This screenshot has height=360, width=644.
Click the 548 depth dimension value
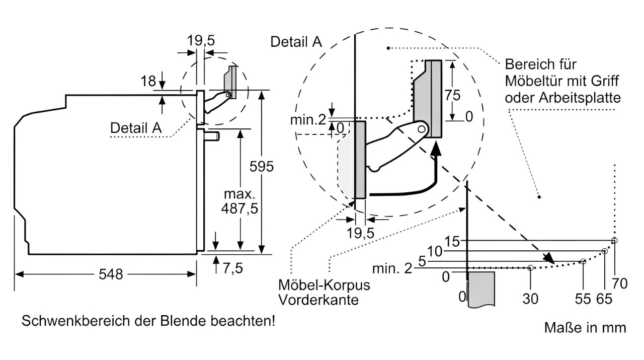(111, 274)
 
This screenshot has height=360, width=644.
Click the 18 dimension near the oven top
(148, 82)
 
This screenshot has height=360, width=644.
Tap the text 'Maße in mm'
(585, 328)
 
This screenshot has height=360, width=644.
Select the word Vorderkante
(318, 300)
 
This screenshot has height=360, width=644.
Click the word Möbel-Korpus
(324, 285)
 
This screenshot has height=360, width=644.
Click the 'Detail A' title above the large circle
(296, 42)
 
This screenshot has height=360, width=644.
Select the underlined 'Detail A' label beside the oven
(136, 128)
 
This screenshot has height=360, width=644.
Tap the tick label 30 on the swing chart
(530, 299)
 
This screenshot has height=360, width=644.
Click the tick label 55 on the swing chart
(583, 299)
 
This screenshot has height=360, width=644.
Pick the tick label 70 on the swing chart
(620, 283)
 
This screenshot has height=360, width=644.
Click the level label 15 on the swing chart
(452, 241)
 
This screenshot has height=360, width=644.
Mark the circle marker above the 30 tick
(531, 267)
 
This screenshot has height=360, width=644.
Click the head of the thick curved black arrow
(437, 146)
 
